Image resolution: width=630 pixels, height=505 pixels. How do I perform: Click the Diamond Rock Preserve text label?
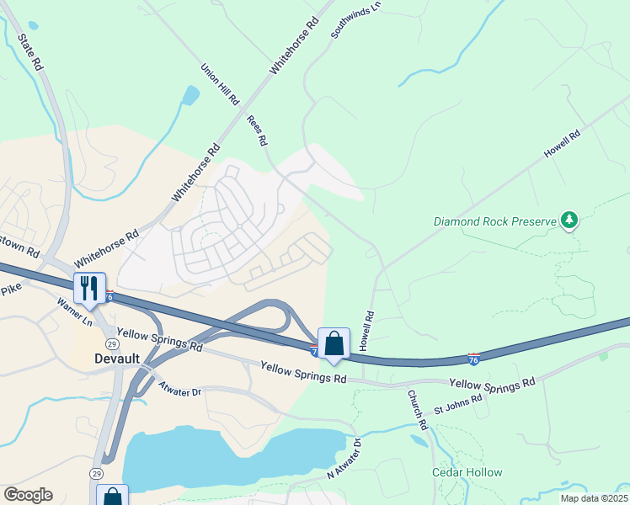495,222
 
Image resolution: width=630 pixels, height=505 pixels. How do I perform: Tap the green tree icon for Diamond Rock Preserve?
570,221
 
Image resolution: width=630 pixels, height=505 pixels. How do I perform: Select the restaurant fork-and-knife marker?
89,287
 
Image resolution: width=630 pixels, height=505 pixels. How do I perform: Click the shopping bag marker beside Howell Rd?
334,343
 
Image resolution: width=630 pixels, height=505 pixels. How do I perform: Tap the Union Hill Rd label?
221,84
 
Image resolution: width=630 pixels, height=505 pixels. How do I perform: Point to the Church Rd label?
419,410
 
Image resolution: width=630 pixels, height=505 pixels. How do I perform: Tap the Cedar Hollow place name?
467,473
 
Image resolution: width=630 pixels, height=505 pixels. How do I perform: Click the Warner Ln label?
75,312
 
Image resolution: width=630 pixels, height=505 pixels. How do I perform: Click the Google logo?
28,495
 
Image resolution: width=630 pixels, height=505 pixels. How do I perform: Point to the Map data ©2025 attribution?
594,498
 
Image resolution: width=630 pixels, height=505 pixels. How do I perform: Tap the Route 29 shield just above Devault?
111,344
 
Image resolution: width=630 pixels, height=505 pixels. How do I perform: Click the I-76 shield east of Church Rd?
474,359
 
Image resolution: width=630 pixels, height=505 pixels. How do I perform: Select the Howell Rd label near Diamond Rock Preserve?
563,145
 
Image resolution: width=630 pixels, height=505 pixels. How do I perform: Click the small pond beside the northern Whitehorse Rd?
191,94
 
